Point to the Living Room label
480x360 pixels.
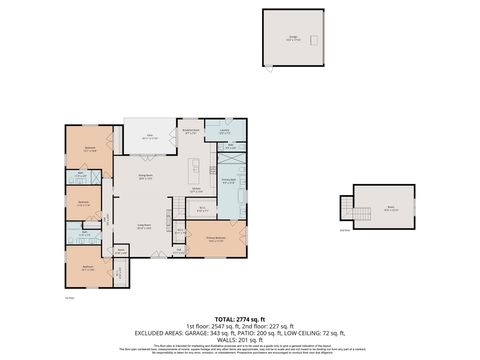tap(145, 227)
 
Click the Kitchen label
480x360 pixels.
tap(197, 190)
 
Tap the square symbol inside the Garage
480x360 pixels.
tap(313, 39)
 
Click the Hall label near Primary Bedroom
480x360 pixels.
tap(180, 251)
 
